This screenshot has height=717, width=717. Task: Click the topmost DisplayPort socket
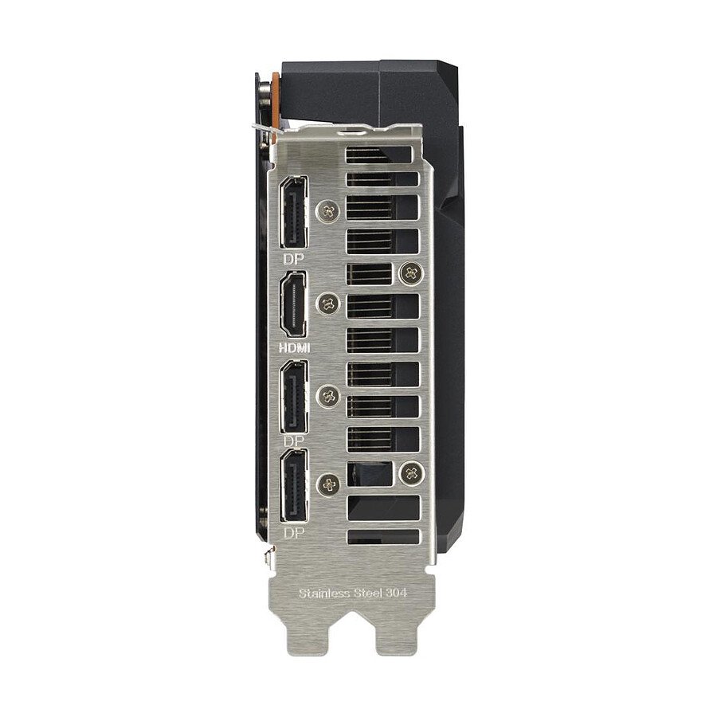[x=293, y=212]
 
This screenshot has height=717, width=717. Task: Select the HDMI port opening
[x=293, y=304]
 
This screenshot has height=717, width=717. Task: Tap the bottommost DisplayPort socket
[x=294, y=486]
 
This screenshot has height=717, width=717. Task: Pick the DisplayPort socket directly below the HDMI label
[x=294, y=397]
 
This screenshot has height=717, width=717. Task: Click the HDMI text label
[x=295, y=347]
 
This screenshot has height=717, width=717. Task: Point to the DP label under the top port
[x=293, y=259]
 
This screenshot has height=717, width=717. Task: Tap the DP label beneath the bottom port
[x=294, y=533]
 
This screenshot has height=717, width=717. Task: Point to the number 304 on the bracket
[x=397, y=594]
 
